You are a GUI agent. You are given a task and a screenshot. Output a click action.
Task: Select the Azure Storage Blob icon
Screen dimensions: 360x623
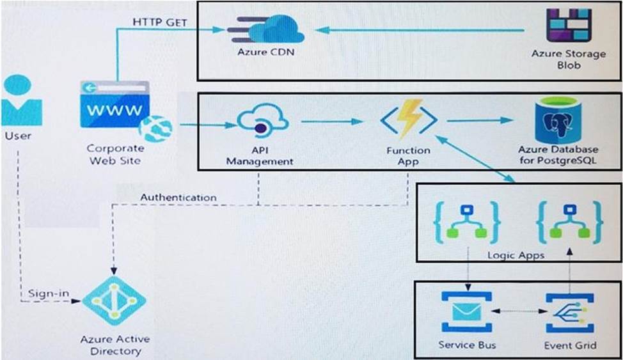(x=568, y=26)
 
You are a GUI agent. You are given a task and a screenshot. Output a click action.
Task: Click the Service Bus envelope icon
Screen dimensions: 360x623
(x=467, y=313)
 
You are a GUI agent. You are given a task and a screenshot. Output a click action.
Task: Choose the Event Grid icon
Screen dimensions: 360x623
(x=569, y=313)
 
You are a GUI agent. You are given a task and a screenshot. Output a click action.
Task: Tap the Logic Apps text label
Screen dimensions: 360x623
(x=516, y=255)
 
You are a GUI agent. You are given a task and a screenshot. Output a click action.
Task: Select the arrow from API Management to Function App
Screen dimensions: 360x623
(x=331, y=121)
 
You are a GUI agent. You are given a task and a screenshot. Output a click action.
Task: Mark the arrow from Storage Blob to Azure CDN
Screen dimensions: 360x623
(x=422, y=30)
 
